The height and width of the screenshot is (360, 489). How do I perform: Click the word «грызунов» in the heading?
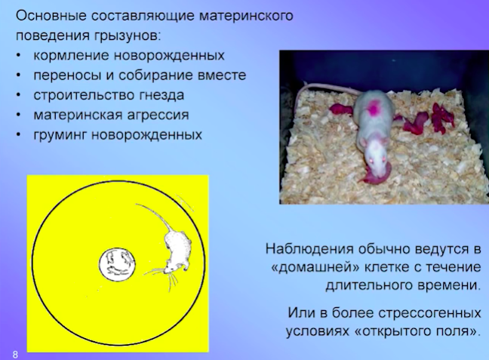tap(126, 36)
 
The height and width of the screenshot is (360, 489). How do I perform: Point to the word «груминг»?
tap(60, 135)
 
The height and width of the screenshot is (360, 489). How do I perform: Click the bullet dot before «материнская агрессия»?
tap(19, 115)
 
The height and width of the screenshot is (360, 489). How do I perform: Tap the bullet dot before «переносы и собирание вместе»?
tap(19, 75)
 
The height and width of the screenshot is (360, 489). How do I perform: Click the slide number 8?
tap(15, 355)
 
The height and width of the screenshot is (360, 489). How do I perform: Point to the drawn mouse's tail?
tap(155, 214)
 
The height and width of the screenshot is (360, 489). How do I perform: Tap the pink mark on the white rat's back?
tap(373, 108)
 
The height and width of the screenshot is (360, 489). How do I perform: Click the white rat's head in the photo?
tap(376, 155)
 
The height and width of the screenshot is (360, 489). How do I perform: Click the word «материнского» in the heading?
tap(246, 16)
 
